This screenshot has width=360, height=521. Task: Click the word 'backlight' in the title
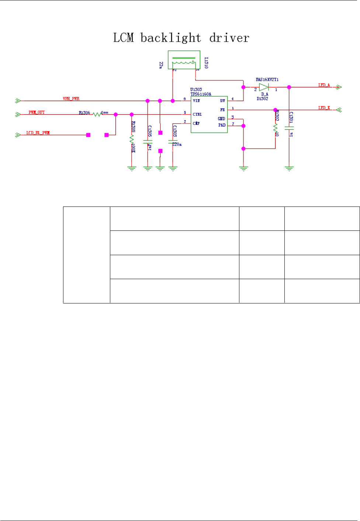click(x=171, y=38)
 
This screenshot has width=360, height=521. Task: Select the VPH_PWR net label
click(x=71, y=98)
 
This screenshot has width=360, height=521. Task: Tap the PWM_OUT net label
click(x=37, y=112)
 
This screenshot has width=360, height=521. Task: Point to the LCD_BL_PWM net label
click(x=38, y=133)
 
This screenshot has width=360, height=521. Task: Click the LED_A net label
click(x=324, y=85)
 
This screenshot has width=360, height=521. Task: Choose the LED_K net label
click(x=324, y=108)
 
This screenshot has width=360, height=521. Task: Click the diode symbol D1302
click(x=264, y=87)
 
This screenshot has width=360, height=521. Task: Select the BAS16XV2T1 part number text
click(x=267, y=79)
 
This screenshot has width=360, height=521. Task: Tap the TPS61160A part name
click(x=201, y=94)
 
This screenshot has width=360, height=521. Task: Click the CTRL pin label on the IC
click(x=197, y=114)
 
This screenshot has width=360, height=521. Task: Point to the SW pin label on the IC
click(x=222, y=101)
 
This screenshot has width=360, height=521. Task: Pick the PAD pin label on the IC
click(x=222, y=125)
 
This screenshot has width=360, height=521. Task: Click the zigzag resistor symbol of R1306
click(x=97, y=114)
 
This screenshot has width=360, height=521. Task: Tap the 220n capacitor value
click(x=177, y=144)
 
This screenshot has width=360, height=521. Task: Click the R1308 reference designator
click(x=134, y=126)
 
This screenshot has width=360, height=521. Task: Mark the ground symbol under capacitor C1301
click(x=289, y=169)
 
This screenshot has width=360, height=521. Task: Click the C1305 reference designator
click(x=150, y=131)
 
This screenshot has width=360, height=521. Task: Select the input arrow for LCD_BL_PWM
click(x=17, y=135)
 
